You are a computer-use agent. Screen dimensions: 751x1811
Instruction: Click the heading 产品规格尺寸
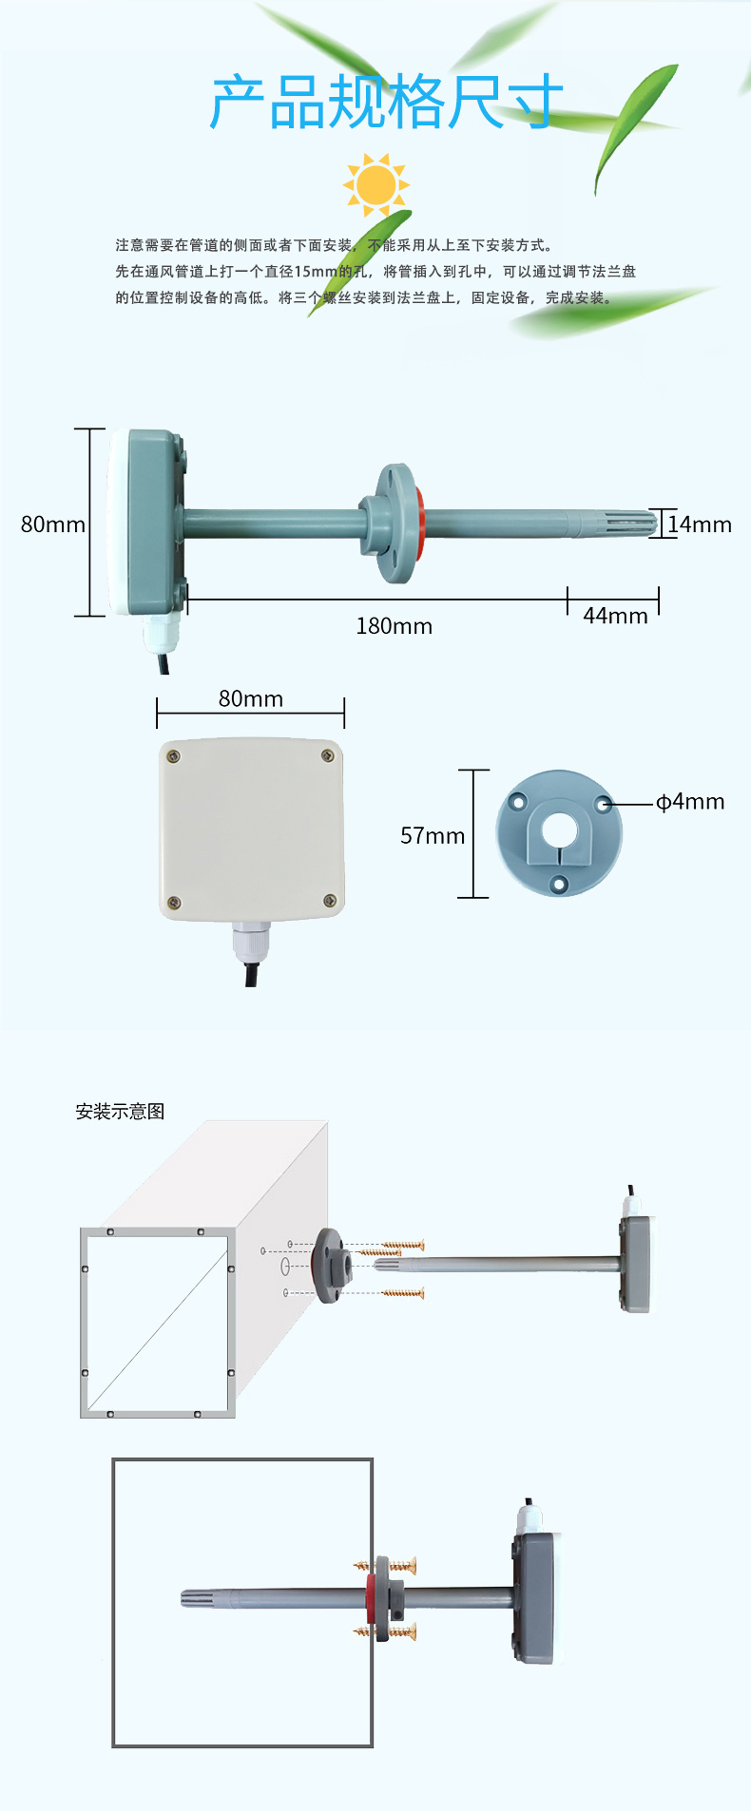pyautogui.click(x=386, y=103)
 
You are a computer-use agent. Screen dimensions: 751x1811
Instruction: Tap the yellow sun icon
pyautogui.click(x=375, y=184)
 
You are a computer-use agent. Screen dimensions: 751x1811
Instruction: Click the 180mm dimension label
pyautogui.click(x=395, y=626)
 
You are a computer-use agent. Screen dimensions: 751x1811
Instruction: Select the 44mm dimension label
pyautogui.click(x=616, y=616)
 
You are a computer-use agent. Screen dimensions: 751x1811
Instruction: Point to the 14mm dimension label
pyautogui.click(x=700, y=524)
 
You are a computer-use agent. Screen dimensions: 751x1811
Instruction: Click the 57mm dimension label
pyautogui.click(x=433, y=836)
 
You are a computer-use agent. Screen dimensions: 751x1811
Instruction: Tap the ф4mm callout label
pyautogui.click(x=690, y=802)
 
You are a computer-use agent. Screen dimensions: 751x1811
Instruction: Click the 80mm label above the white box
pyautogui.click(x=251, y=699)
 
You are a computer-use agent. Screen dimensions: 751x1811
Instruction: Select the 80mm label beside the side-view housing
pyautogui.click(x=53, y=524)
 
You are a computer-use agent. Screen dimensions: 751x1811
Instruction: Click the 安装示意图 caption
pyautogui.click(x=120, y=1112)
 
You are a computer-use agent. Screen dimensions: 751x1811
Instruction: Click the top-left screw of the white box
pyautogui.click(x=174, y=756)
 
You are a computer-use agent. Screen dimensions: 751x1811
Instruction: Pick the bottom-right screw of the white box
pyautogui.click(x=330, y=901)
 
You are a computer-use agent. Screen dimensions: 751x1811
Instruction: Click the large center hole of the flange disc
pyautogui.click(x=559, y=830)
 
